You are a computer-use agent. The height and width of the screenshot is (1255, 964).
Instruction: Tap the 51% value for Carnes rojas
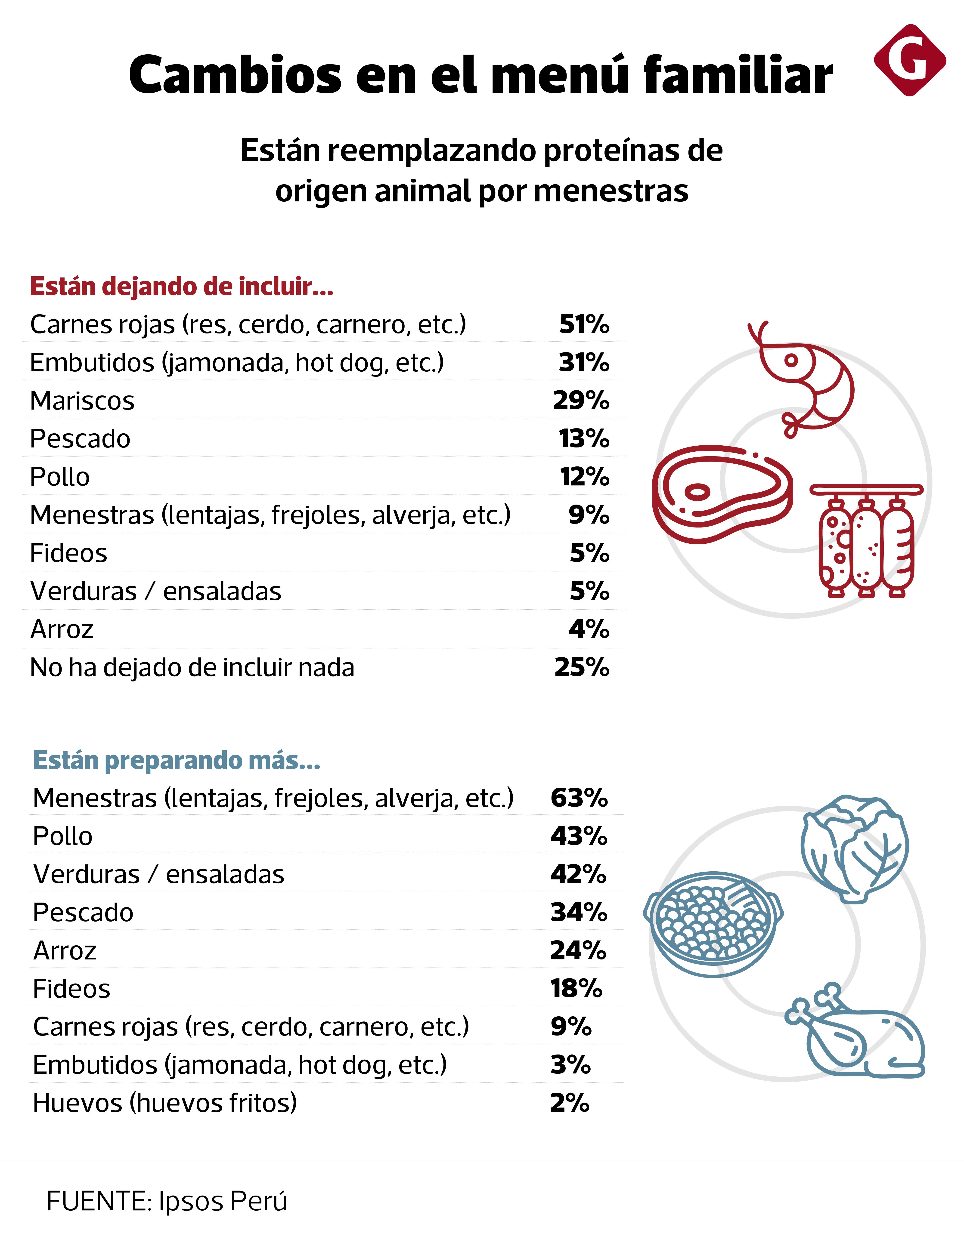[x=584, y=325]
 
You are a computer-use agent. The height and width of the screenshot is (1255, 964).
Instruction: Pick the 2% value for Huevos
[x=569, y=1103]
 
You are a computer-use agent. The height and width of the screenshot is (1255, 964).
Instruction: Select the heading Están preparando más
[x=176, y=761]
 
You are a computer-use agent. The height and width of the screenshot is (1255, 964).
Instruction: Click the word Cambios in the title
[x=235, y=75]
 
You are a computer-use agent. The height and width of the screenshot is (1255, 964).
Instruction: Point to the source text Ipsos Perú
[x=223, y=1201]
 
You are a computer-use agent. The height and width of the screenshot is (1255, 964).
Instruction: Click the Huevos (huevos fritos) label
[x=165, y=1103]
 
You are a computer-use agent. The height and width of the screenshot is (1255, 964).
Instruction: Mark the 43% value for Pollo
[x=578, y=836]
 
